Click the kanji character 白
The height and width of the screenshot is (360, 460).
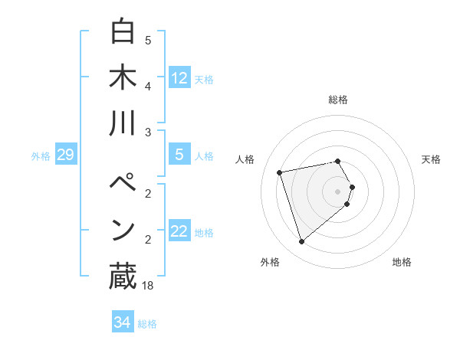[123, 33]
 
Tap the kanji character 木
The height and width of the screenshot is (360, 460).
[123, 77]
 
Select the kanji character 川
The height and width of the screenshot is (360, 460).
[123, 123]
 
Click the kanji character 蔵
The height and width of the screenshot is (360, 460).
[123, 277]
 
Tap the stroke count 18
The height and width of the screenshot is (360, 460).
[149, 285]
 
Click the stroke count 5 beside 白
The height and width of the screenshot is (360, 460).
[148, 41]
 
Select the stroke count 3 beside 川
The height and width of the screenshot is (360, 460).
[148, 133]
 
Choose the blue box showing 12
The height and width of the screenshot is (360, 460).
[179, 77]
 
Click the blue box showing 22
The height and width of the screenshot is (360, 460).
[179, 231]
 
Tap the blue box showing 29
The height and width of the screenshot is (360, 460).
[65, 155]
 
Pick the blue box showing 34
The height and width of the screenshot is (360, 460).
[122, 322]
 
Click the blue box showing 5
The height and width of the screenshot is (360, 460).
[179, 155]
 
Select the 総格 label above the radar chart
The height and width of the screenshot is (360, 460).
[338, 100]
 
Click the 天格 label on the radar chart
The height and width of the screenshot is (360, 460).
[432, 159]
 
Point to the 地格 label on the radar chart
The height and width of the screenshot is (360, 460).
[402, 262]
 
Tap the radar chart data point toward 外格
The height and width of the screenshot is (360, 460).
[302, 242]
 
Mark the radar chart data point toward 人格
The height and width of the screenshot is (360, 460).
[280, 172]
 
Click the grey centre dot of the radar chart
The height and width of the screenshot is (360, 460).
[338, 191]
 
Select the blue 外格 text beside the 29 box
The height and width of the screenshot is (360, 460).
[41, 156]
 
